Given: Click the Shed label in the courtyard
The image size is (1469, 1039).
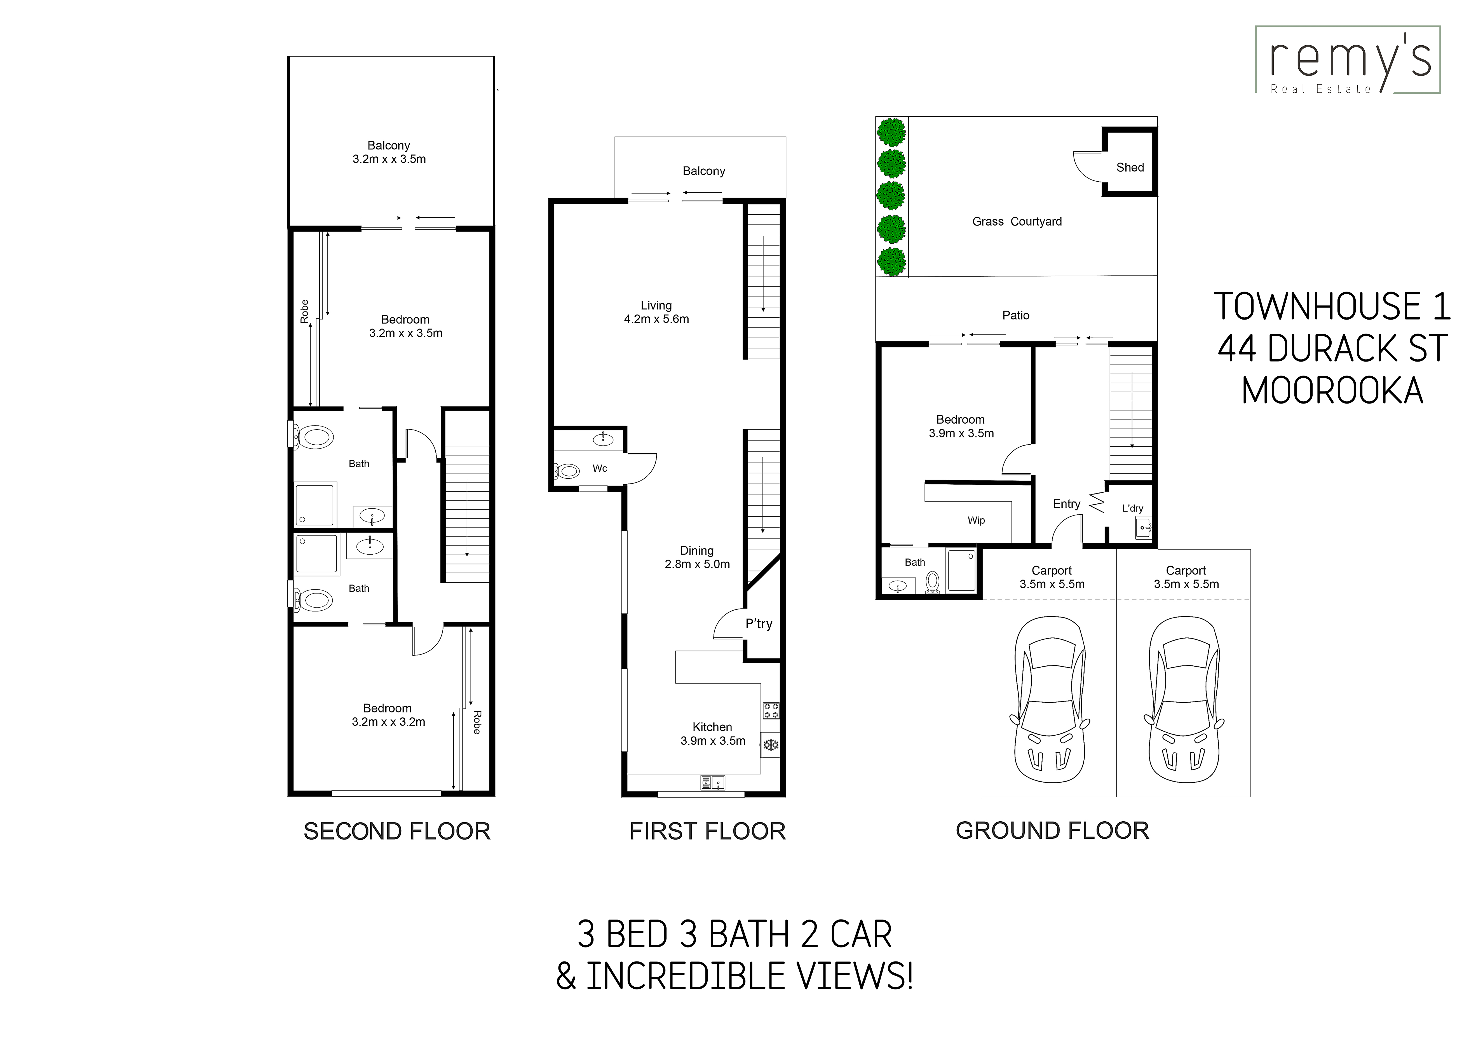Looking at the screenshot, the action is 1130,168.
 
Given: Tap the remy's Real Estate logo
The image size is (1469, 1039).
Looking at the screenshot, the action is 1348,60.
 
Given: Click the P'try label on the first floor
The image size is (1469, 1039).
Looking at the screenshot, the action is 759,624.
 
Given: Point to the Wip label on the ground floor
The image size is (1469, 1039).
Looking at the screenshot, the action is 976,520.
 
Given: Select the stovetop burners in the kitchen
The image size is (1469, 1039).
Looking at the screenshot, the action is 771,711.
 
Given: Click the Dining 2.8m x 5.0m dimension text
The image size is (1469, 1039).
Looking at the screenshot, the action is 697,557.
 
